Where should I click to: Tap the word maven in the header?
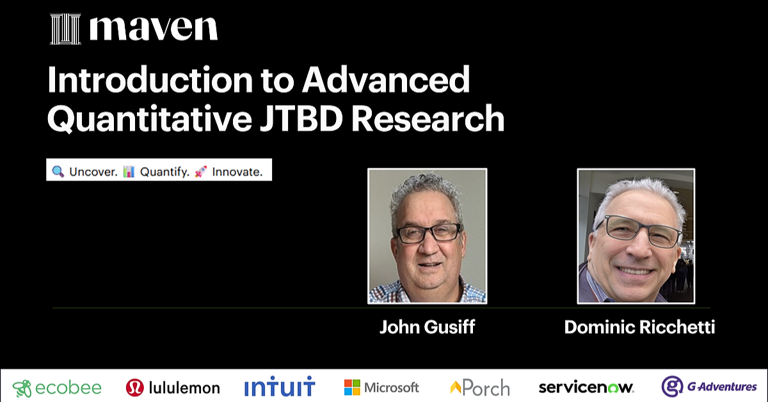[x=154, y=29]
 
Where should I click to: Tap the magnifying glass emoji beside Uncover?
[x=58, y=172]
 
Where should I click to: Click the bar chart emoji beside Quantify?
[x=129, y=172]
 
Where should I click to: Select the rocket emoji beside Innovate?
[x=200, y=172]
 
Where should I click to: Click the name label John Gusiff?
[x=427, y=328]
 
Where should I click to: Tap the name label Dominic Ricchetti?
[x=639, y=328]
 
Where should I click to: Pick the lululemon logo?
[x=173, y=387]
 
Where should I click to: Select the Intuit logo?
[x=280, y=387]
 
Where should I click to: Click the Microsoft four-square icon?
[x=352, y=387]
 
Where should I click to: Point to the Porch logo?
[x=480, y=387]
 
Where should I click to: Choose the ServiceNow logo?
[x=586, y=387]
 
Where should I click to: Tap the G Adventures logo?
[x=709, y=387]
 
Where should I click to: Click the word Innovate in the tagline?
[x=237, y=172]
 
